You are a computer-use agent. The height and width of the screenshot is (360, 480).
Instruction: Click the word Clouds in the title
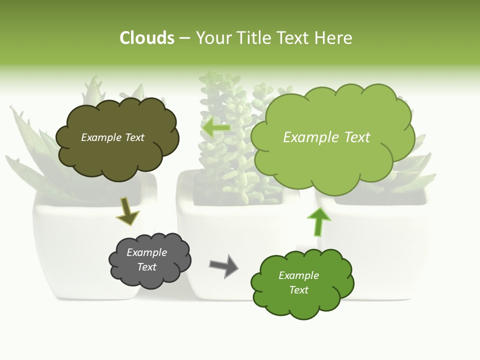146,38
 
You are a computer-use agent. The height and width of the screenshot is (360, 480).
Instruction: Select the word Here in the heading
334,38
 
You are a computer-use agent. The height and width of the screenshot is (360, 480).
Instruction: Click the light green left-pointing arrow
215,128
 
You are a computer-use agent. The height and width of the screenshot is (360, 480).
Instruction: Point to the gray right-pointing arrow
223,265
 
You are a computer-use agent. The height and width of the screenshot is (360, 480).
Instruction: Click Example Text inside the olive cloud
112,137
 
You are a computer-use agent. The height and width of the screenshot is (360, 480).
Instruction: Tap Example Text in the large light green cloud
326,137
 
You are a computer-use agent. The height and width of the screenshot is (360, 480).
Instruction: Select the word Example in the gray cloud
146,252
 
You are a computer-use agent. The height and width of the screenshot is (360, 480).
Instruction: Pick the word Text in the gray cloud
146,267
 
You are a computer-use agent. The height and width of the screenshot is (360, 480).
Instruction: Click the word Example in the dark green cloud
298,275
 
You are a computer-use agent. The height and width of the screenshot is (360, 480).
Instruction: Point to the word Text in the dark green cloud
298,290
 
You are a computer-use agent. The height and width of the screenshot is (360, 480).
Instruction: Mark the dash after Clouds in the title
184,38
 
